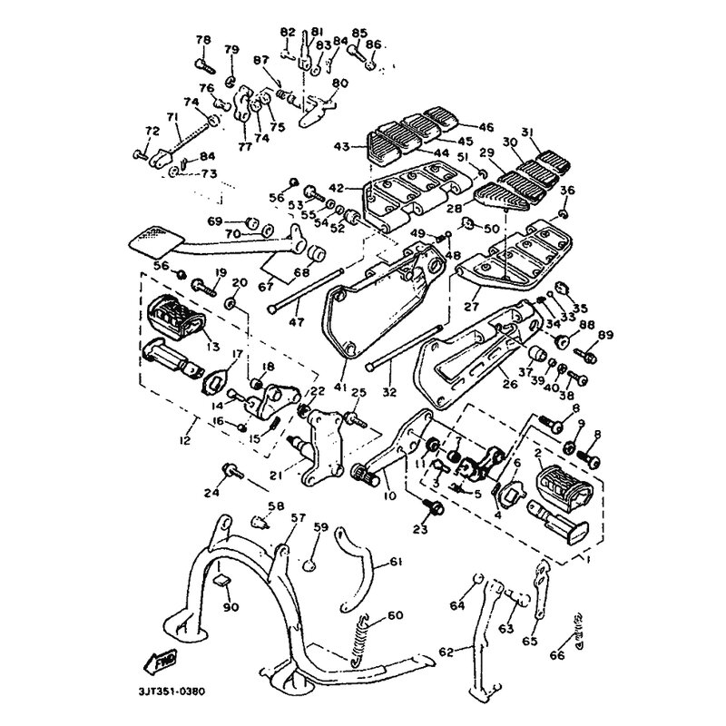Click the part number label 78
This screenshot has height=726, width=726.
click(x=202, y=40)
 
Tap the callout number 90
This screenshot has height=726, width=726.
click(x=230, y=606)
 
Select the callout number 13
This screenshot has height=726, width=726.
click(x=214, y=346)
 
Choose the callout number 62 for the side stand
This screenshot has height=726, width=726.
click(x=446, y=652)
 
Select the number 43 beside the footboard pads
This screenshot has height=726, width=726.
click(x=341, y=146)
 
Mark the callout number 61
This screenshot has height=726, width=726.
click(x=396, y=563)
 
